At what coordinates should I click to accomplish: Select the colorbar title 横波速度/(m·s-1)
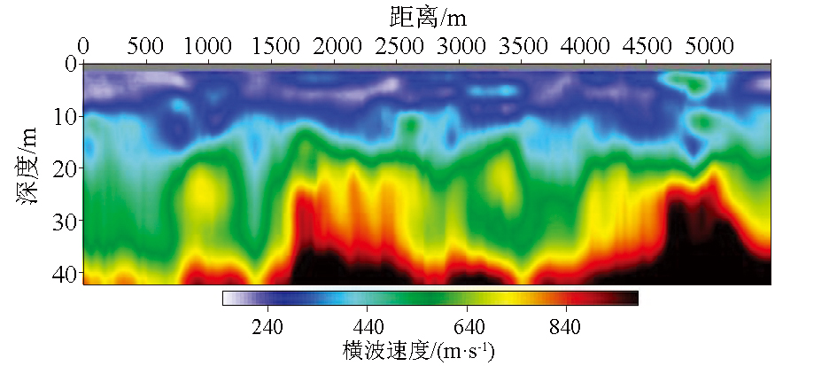419,350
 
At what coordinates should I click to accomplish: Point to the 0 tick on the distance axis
84,45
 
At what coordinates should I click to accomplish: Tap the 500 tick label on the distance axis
145,45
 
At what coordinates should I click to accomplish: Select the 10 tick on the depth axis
64,116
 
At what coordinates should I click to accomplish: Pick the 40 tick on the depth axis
64,271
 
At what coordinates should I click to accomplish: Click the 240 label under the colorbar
267,326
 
